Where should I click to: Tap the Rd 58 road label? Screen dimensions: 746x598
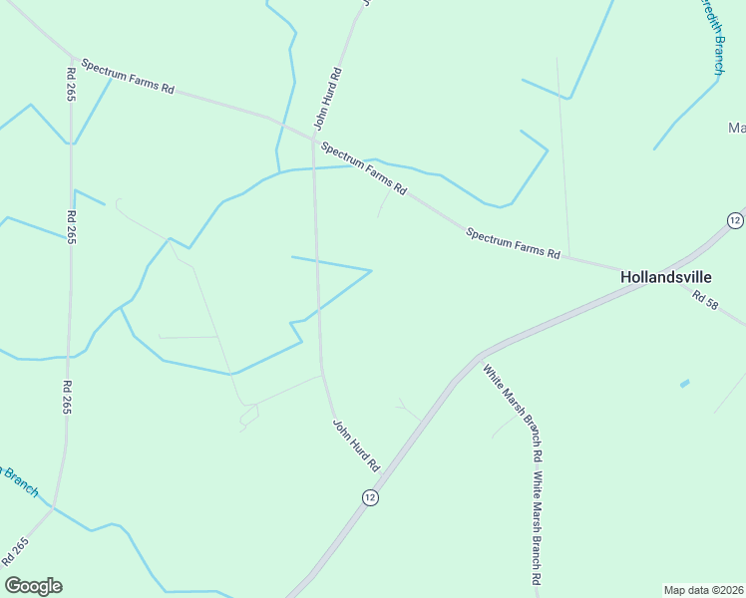click(x=704, y=298)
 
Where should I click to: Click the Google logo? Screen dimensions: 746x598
click(x=33, y=586)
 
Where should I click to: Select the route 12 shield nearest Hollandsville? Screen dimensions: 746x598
click(x=734, y=220)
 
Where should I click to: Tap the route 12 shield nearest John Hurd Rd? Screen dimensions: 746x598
click(x=370, y=497)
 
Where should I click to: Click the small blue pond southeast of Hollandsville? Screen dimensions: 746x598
click(x=684, y=383)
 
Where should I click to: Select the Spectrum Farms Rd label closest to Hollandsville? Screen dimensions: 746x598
click(x=513, y=243)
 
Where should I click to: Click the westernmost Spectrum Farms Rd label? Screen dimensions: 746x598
click(x=128, y=76)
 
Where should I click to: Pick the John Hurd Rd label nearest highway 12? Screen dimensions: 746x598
click(x=356, y=446)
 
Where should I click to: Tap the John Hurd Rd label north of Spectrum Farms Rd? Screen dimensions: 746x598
click(x=328, y=99)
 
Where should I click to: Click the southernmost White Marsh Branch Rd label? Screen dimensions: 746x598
click(x=537, y=528)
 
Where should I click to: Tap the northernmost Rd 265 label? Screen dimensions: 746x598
click(x=71, y=85)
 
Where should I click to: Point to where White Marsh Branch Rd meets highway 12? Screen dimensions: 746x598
click(x=482, y=356)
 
